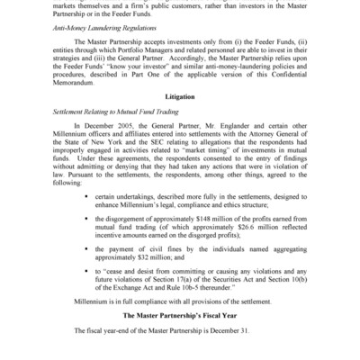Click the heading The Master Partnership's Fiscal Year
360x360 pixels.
[x=180, y=317]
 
